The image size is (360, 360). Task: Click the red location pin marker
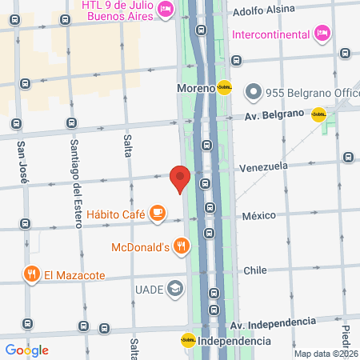click(x=180, y=178)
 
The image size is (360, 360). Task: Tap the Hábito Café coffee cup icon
click(x=158, y=213)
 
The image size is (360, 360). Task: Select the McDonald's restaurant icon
click(x=184, y=246)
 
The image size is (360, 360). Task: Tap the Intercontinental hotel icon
click(x=322, y=34)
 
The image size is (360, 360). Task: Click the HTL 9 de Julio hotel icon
click(x=166, y=9)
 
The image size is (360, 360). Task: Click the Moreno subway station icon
click(x=225, y=87)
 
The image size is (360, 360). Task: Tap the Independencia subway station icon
click(x=188, y=341)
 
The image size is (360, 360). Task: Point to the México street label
click(x=259, y=216)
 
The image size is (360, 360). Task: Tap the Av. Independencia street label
click(x=273, y=322)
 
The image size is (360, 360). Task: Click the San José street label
click(x=22, y=163)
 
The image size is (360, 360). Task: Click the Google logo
click(x=26, y=350)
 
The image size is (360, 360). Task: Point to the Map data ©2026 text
click(x=323, y=354)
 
